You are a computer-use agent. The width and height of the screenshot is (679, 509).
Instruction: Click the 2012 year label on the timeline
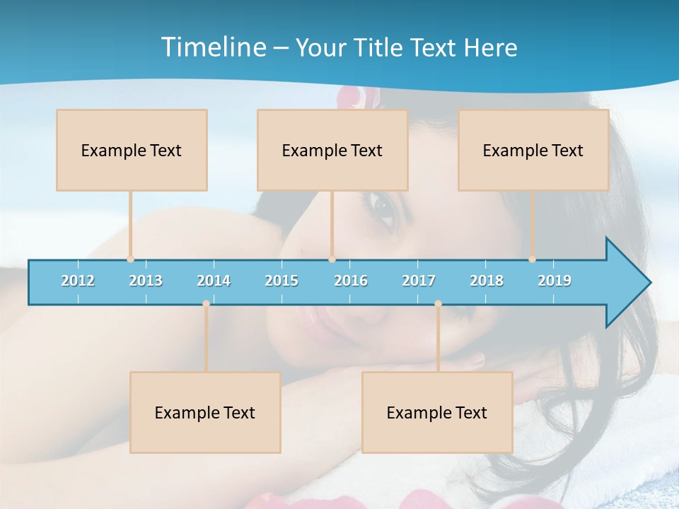tap(78, 281)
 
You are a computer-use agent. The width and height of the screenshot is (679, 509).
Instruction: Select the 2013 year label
tap(146, 281)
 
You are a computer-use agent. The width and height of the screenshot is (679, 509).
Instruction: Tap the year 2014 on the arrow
tap(214, 281)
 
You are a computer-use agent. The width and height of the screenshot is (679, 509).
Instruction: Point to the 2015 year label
tap(282, 281)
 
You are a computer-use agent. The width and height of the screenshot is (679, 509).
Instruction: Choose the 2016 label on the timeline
tap(351, 281)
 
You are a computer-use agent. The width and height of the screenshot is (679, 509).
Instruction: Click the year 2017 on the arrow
tap(419, 281)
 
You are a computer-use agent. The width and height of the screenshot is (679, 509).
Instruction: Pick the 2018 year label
tap(487, 281)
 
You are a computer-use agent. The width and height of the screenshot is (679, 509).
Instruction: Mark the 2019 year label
tap(555, 281)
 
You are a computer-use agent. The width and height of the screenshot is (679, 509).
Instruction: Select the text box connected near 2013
tap(132, 151)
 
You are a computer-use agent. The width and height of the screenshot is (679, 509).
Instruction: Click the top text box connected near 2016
tap(332, 151)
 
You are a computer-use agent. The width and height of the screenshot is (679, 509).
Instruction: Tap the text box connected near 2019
tap(533, 151)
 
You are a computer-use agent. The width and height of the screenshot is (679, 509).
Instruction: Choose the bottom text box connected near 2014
tap(205, 413)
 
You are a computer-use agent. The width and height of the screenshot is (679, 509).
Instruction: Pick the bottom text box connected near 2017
tap(437, 413)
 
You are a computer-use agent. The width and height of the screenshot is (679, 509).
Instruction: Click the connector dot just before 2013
tap(130, 259)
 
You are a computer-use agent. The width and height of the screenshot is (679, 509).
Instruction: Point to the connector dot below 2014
tap(206, 304)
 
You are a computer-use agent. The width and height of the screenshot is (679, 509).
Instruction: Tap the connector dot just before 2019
tap(533, 259)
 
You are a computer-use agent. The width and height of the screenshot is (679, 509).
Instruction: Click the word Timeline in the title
tap(213, 47)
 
